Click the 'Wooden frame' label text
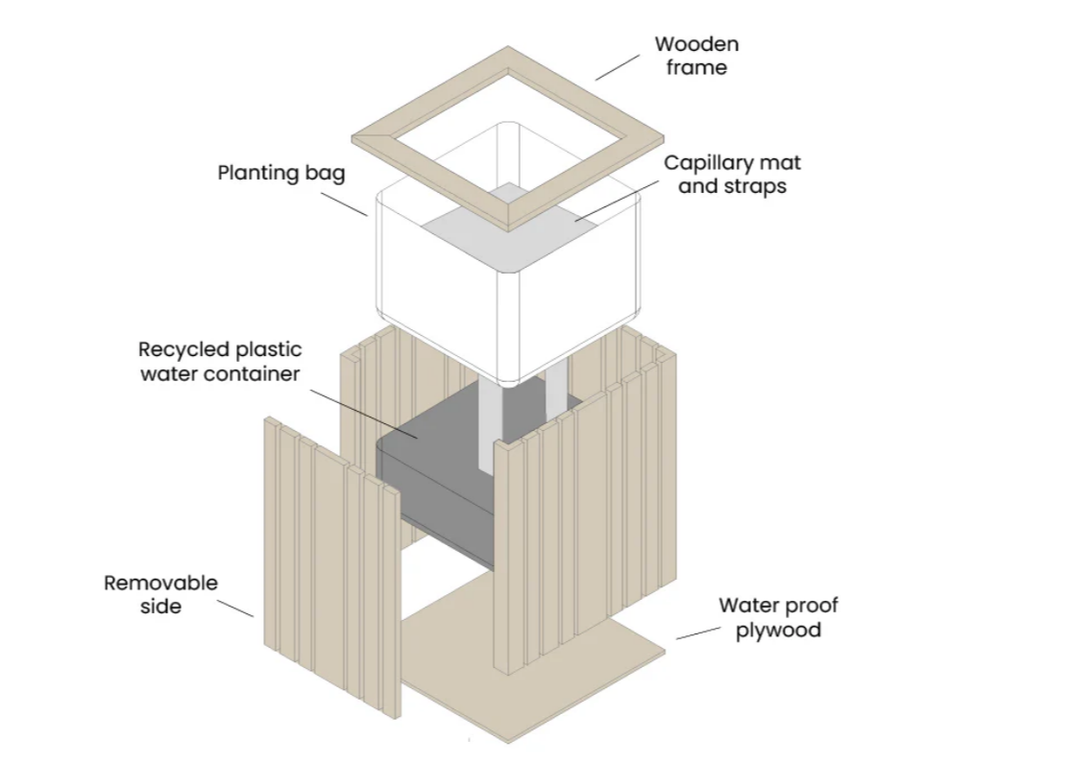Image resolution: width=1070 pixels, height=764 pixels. (696, 56)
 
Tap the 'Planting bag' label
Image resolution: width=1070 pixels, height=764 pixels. (280, 174)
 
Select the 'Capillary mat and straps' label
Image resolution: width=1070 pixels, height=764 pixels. (732, 174)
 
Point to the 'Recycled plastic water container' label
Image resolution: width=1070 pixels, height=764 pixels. (220, 361)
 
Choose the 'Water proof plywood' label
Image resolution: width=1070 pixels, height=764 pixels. (778, 617)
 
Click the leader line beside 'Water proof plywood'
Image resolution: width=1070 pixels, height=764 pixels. (697, 632)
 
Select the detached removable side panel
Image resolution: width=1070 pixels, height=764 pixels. (327, 566)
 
